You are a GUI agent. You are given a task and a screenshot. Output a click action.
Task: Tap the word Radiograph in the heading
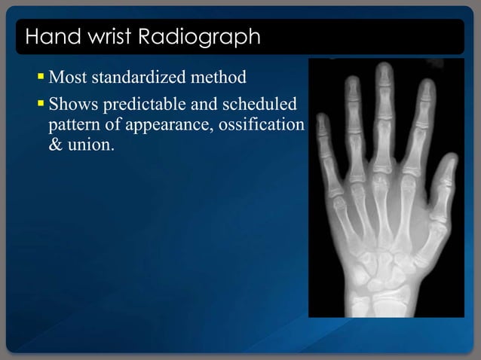pyautogui.click(x=198, y=36)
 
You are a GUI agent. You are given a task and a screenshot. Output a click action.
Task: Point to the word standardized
pyautogui.click(x=140, y=78)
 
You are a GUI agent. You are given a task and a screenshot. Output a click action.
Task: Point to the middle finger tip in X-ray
pyautogui.click(x=385, y=70)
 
